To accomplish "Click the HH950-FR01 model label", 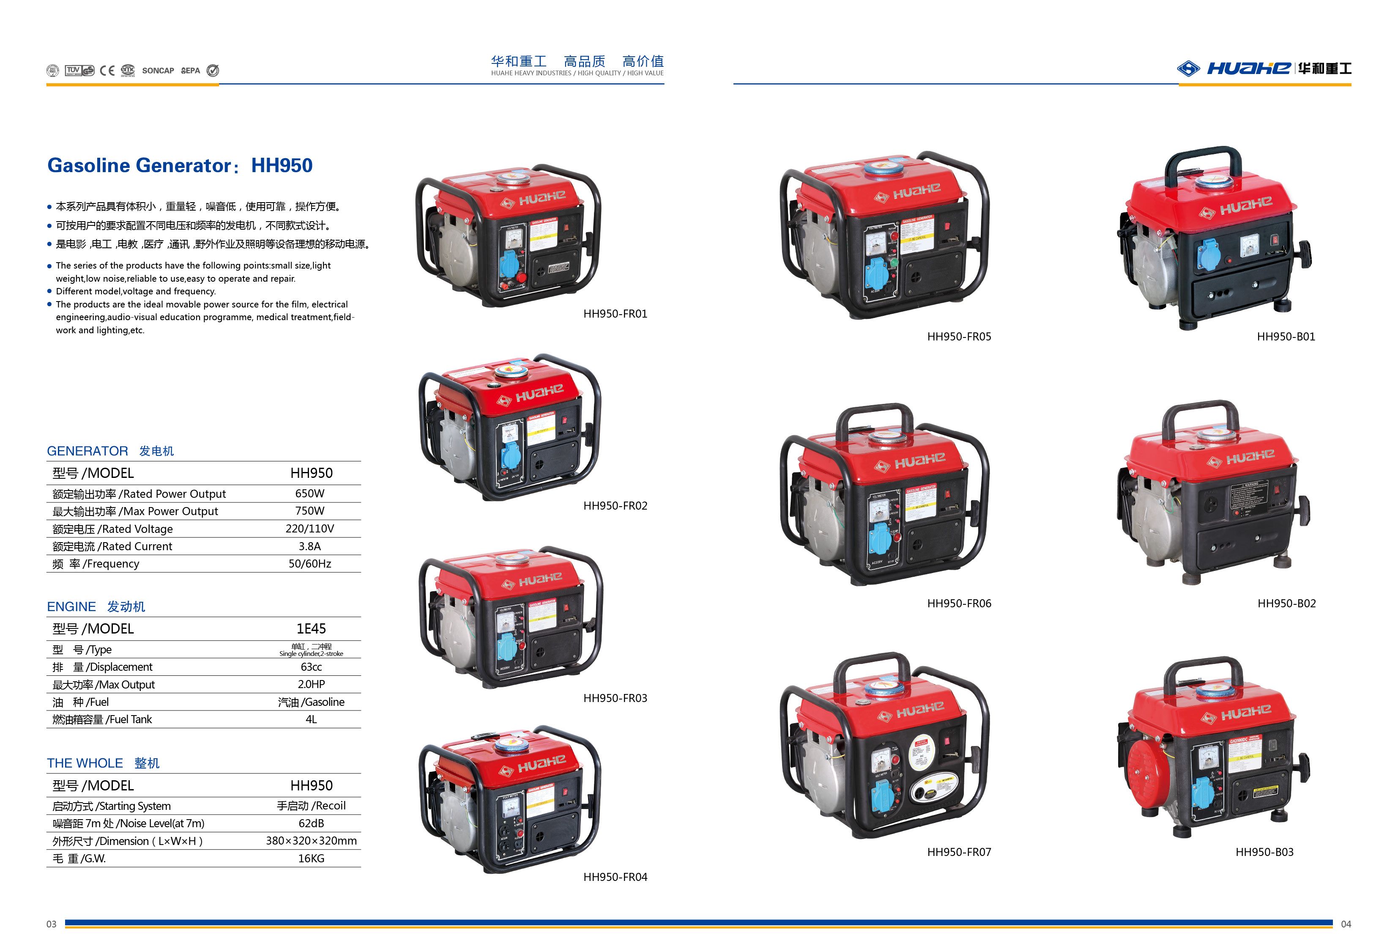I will coord(615,313).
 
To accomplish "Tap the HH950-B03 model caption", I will coord(1264,851).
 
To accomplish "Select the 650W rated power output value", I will coord(310,494).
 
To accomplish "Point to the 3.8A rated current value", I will coord(310,546).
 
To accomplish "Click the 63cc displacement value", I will coord(311,667).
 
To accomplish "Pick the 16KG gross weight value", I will coord(311,858).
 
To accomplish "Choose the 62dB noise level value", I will coord(311,823).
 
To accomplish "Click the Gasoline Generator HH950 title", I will coord(180,165).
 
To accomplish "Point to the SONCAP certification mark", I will coord(158,70).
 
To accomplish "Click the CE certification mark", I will coord(107,70).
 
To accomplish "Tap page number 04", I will coord(1346,924).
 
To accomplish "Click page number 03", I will coord(52,924).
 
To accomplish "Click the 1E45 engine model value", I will coord(311,629).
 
